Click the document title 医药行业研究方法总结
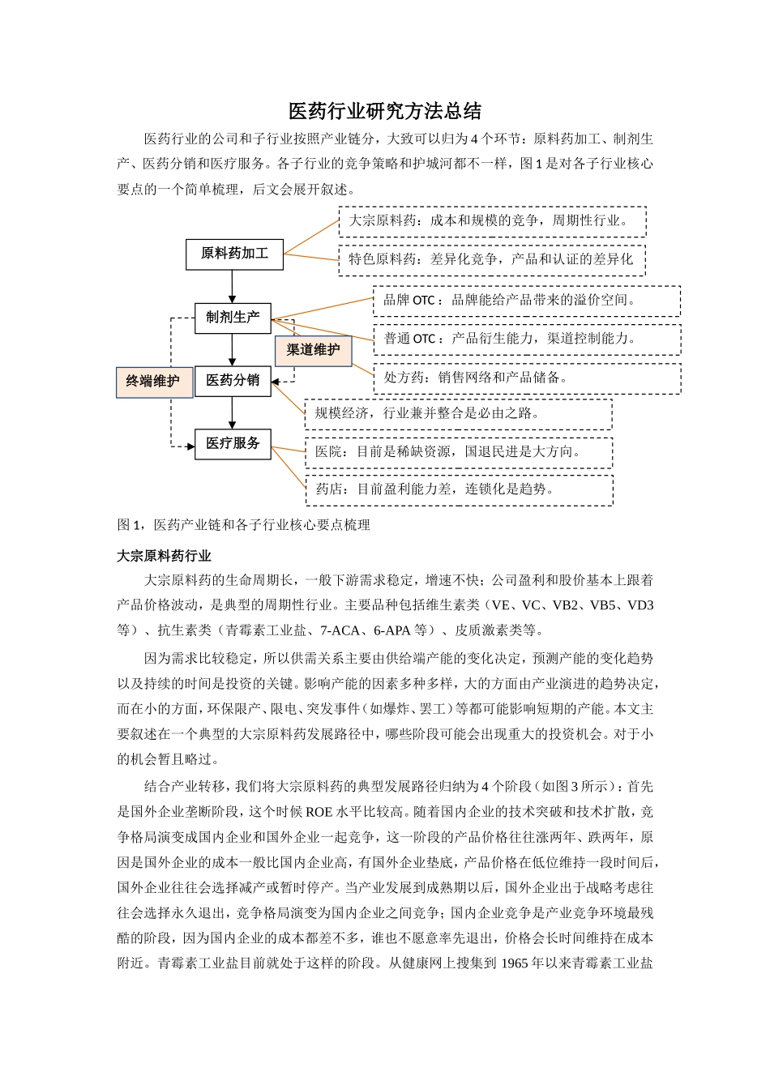click(x=385, y=111)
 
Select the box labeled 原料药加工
click(x=234, y=254)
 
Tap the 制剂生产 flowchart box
click(x=233, y=318)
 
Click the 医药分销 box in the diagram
click(x=233, y=381)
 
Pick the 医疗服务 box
click(x=233, y=444)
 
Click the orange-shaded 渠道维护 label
click(x=313, y=350)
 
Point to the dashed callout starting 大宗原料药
click(x=492, y=221)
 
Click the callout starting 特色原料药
click(x=492, y=260)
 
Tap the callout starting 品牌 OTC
click(x=526, y=301)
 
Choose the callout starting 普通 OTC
click(x=526, y=340)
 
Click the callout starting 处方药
click(x=526, y=378)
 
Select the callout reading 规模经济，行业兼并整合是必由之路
click(x=458, y=414)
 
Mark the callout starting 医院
click(x=458, y=452)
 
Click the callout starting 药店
click(x=458, y=490)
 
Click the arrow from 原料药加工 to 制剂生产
click(x=233, y=286)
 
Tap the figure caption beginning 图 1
click(x=244, y=525)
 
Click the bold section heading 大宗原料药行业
click(x=164, y=556)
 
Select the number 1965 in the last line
click(x=515, y=963)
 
